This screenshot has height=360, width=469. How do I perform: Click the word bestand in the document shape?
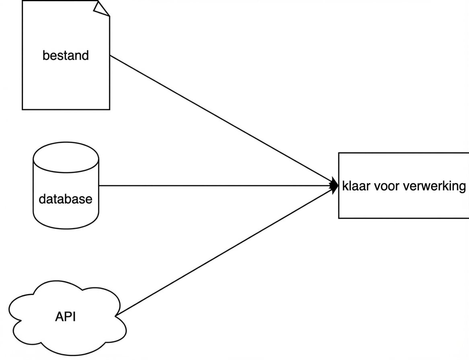(66, 55)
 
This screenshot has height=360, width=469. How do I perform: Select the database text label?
(66, 198)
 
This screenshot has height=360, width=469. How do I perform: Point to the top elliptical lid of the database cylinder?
(66, 157)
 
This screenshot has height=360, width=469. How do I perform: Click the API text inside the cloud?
(66, 317)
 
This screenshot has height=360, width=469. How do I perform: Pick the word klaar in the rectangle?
(356, 186)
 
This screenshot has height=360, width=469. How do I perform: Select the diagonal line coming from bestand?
(221, 120)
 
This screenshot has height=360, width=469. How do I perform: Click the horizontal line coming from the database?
(217, 186)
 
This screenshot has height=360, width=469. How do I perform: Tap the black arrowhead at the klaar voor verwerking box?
(334, 186)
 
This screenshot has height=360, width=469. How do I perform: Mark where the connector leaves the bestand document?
(110, 55)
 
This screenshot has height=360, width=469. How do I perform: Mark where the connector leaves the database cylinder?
(99, 186)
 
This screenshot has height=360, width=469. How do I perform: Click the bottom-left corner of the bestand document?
(22, 109)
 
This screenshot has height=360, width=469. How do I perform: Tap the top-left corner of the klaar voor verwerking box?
(339, 153)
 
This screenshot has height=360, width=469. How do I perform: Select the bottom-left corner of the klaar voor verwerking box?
(339, 218)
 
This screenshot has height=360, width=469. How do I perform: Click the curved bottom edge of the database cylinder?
(66, 227)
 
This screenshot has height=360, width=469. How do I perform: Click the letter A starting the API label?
(59, 317)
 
